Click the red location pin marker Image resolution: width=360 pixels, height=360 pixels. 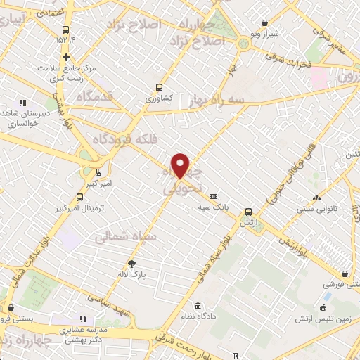pos(181,166)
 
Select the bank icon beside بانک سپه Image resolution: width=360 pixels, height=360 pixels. pos(214,197)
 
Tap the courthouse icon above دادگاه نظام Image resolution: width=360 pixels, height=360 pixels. pos(198,307)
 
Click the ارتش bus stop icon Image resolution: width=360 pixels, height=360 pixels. pos(247,211)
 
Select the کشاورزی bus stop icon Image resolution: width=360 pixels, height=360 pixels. pos(160,89)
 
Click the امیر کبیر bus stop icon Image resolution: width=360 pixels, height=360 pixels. pos(98,171)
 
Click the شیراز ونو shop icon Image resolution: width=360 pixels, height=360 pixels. pos(264,22)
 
